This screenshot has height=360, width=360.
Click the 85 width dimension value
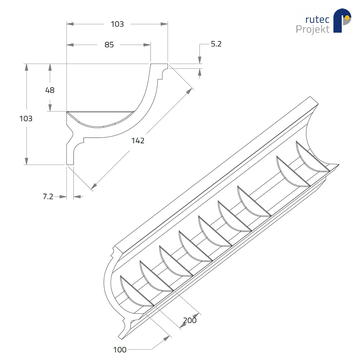pos(109,45)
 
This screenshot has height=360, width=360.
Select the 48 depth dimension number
pos(50,90)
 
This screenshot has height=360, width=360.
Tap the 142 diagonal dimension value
pos(138,140)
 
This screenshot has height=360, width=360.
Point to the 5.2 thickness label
pos(216,44)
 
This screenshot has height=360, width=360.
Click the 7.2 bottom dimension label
pos(48,197)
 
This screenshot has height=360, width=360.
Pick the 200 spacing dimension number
pos(190,320)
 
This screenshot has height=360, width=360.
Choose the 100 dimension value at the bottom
pos(120,350)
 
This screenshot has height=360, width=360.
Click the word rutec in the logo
pos(317,20)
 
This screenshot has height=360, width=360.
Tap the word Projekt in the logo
pos(312,30)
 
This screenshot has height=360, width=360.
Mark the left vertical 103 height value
pos(26,118)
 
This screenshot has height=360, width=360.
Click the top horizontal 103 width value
pos(117,24)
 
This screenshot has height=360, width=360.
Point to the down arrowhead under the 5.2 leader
pos(200,60)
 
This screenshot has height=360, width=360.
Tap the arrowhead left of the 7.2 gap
pos(63,197)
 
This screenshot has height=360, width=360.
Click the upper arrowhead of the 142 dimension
pos(189,91)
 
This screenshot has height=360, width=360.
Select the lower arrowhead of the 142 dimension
pos(94,186)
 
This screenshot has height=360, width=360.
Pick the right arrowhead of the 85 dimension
pos(147,45)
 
